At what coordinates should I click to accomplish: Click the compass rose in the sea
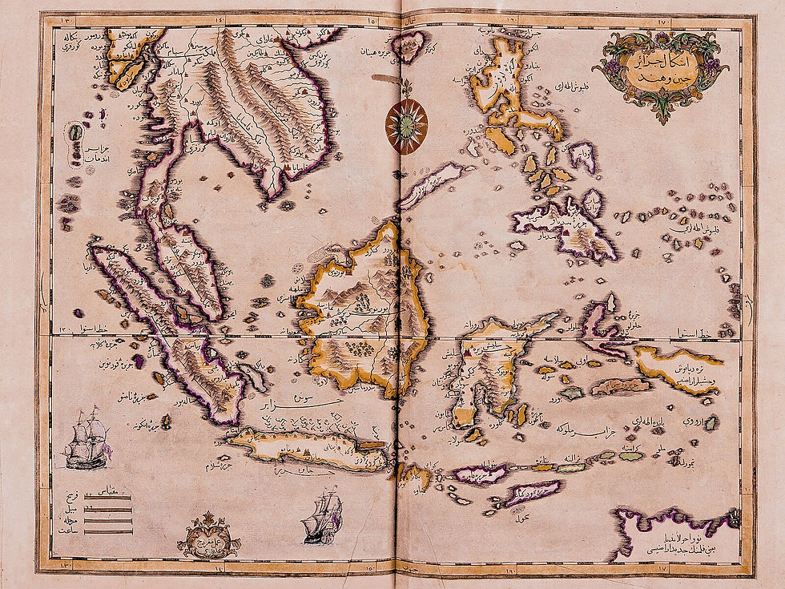[x=406, y=126]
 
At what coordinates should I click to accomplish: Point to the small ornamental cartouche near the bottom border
[x=209, y=536]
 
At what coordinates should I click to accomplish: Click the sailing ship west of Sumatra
[x=86, y=438]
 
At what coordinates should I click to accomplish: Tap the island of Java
[x=308, y=450]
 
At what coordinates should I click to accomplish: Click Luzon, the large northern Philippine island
[x=501, y=80]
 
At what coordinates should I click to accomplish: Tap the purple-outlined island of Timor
[x=533, y=490]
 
